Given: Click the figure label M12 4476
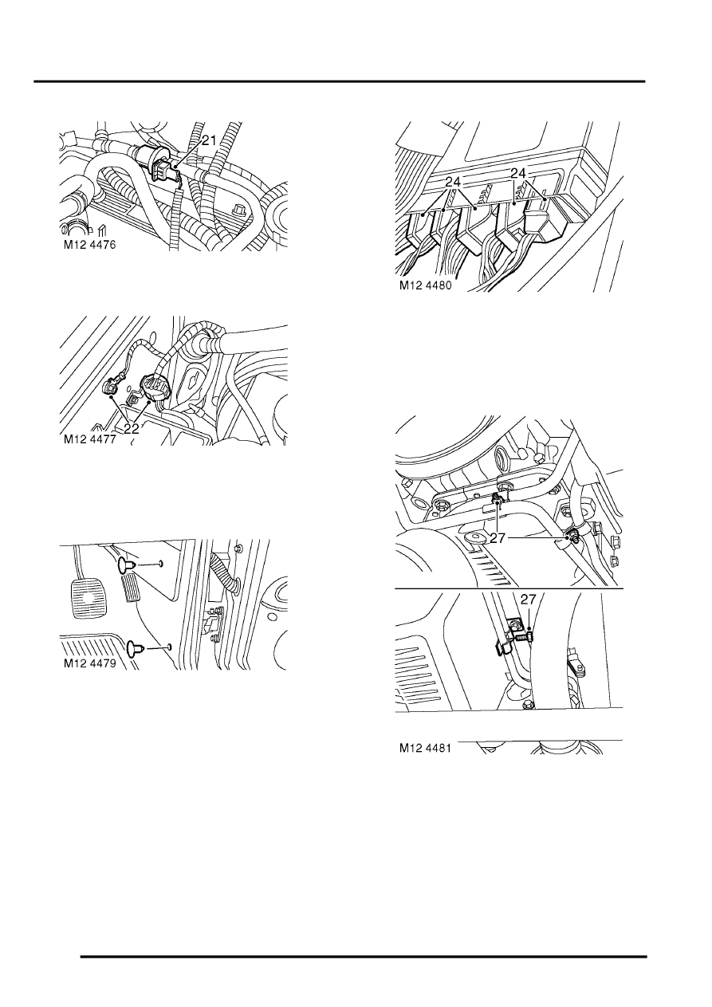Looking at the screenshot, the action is point(89,245).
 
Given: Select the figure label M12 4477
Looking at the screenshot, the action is point(89,439).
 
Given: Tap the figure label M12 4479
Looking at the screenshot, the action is point(89,663).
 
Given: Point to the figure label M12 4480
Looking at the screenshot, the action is point(425,285).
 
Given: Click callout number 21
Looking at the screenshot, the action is point(209,140).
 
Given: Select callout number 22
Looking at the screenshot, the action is point(132,428).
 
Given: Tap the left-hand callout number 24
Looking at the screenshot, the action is point(453,183).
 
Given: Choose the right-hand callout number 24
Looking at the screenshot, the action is point(517,173).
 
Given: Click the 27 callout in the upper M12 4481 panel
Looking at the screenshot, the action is point(498,537).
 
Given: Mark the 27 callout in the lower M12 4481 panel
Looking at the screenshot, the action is point(529,600).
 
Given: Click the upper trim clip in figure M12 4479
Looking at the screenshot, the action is point(126,565).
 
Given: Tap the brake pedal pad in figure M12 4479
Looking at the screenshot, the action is point(85,596).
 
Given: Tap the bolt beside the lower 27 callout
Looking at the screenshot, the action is point(524,636).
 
